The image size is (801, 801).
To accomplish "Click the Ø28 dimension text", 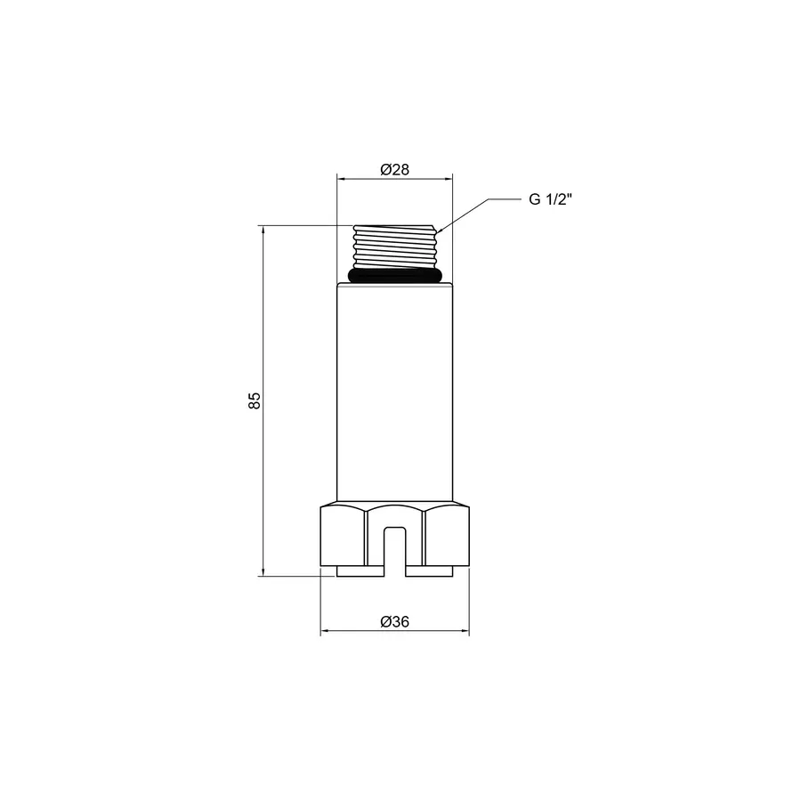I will [x=394, y=169].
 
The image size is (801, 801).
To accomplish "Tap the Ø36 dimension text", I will [x=394, y=622].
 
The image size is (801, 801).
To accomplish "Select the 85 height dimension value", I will [x=254, y=400].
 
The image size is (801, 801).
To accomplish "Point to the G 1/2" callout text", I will [x=550, y=199].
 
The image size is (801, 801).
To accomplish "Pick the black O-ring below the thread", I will [x=394, y=276].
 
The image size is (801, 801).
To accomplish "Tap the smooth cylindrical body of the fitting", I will [x=394, y=392].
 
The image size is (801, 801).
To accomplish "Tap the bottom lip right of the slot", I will [x=430, y=571].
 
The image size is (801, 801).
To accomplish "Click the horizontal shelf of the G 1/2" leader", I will [x=503, y=200].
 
